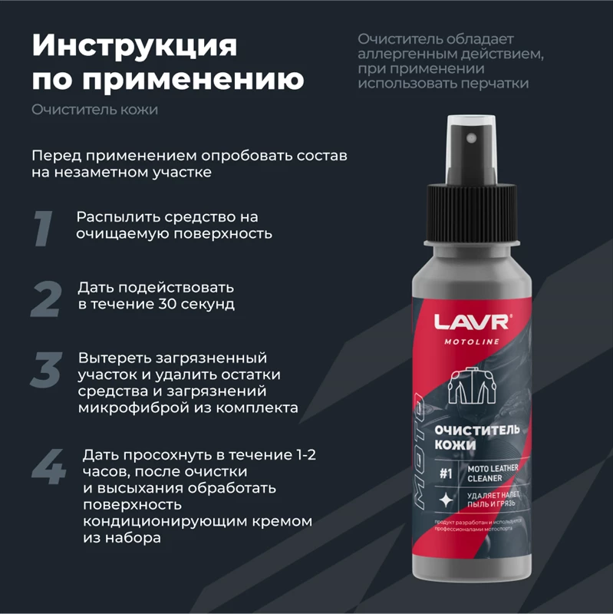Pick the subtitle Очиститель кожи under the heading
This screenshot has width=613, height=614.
[95, 110]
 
